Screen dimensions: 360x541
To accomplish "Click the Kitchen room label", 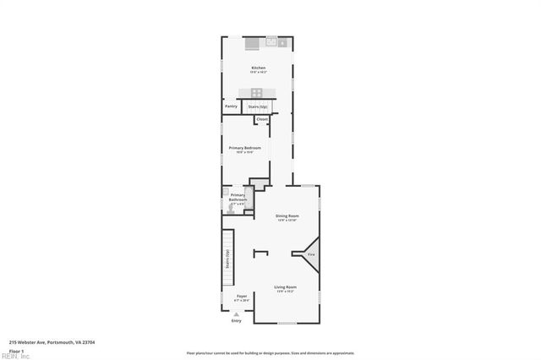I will pos(258,68).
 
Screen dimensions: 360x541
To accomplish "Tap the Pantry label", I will pos(231,106).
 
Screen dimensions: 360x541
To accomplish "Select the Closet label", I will pos(262,119).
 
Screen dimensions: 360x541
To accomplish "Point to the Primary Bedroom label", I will pos(245,148).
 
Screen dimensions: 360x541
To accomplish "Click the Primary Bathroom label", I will pos(238,198).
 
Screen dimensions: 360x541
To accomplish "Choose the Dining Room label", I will pos(287,216).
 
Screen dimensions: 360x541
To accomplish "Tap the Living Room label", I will pos(285,287).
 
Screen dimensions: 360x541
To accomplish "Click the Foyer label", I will pos(242,296).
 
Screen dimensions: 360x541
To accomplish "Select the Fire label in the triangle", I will pos(311,254).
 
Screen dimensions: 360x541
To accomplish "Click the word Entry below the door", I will pos(236,321).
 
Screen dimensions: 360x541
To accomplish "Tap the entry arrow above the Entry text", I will pos(236,314).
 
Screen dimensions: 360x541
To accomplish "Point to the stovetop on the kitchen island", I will pos(256,92).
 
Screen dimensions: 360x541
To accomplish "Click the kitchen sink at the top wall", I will pos(271,41).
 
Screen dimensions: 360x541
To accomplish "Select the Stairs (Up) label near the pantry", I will pos(258,106).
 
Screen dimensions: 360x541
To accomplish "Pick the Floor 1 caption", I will pos(15,350).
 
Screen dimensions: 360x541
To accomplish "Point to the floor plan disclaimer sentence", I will pos(270,353).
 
